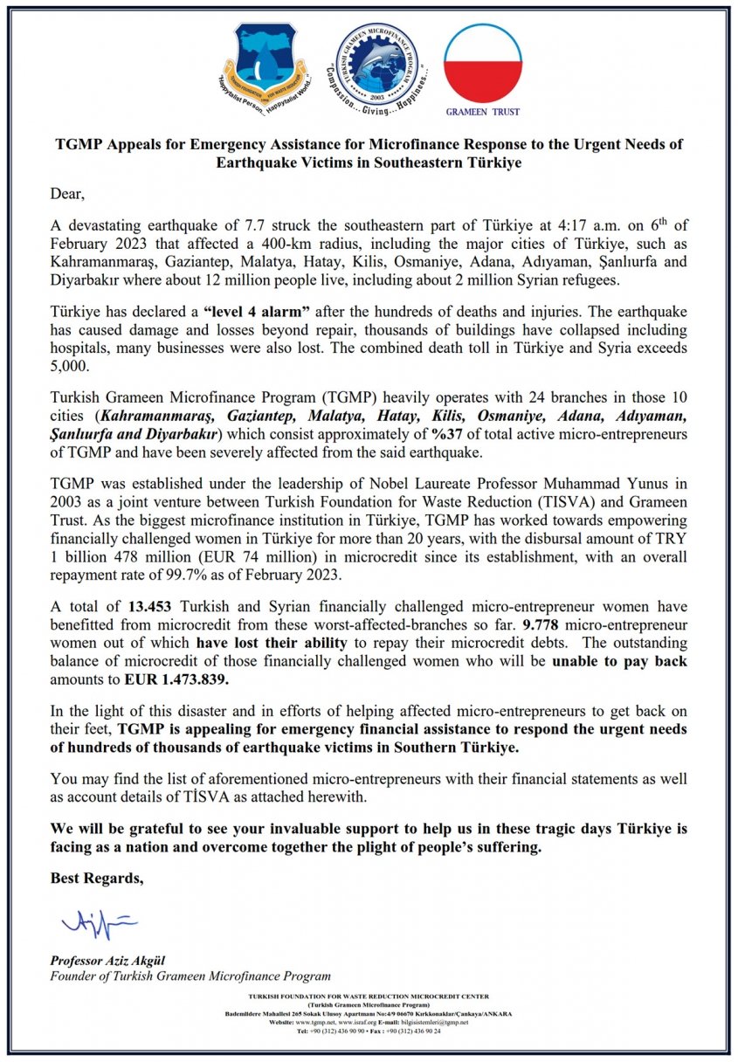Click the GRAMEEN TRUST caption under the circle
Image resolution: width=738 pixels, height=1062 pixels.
click(482, 113)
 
